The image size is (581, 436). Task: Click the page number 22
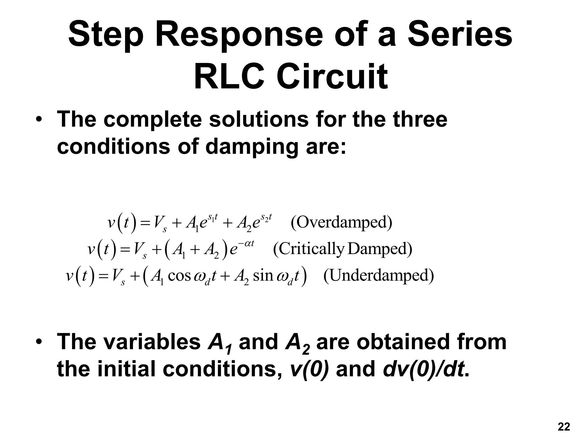pyautogui.click(x=564, y=427)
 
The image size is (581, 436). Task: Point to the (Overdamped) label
pyautogui.click(x=341, y=222)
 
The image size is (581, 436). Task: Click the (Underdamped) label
pyautogui.click(x=378, y=275)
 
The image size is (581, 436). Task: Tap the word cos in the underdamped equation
pyautogui.click(x=179, y=275)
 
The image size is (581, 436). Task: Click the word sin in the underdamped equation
pyautogui.click(x=263, y=275)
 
